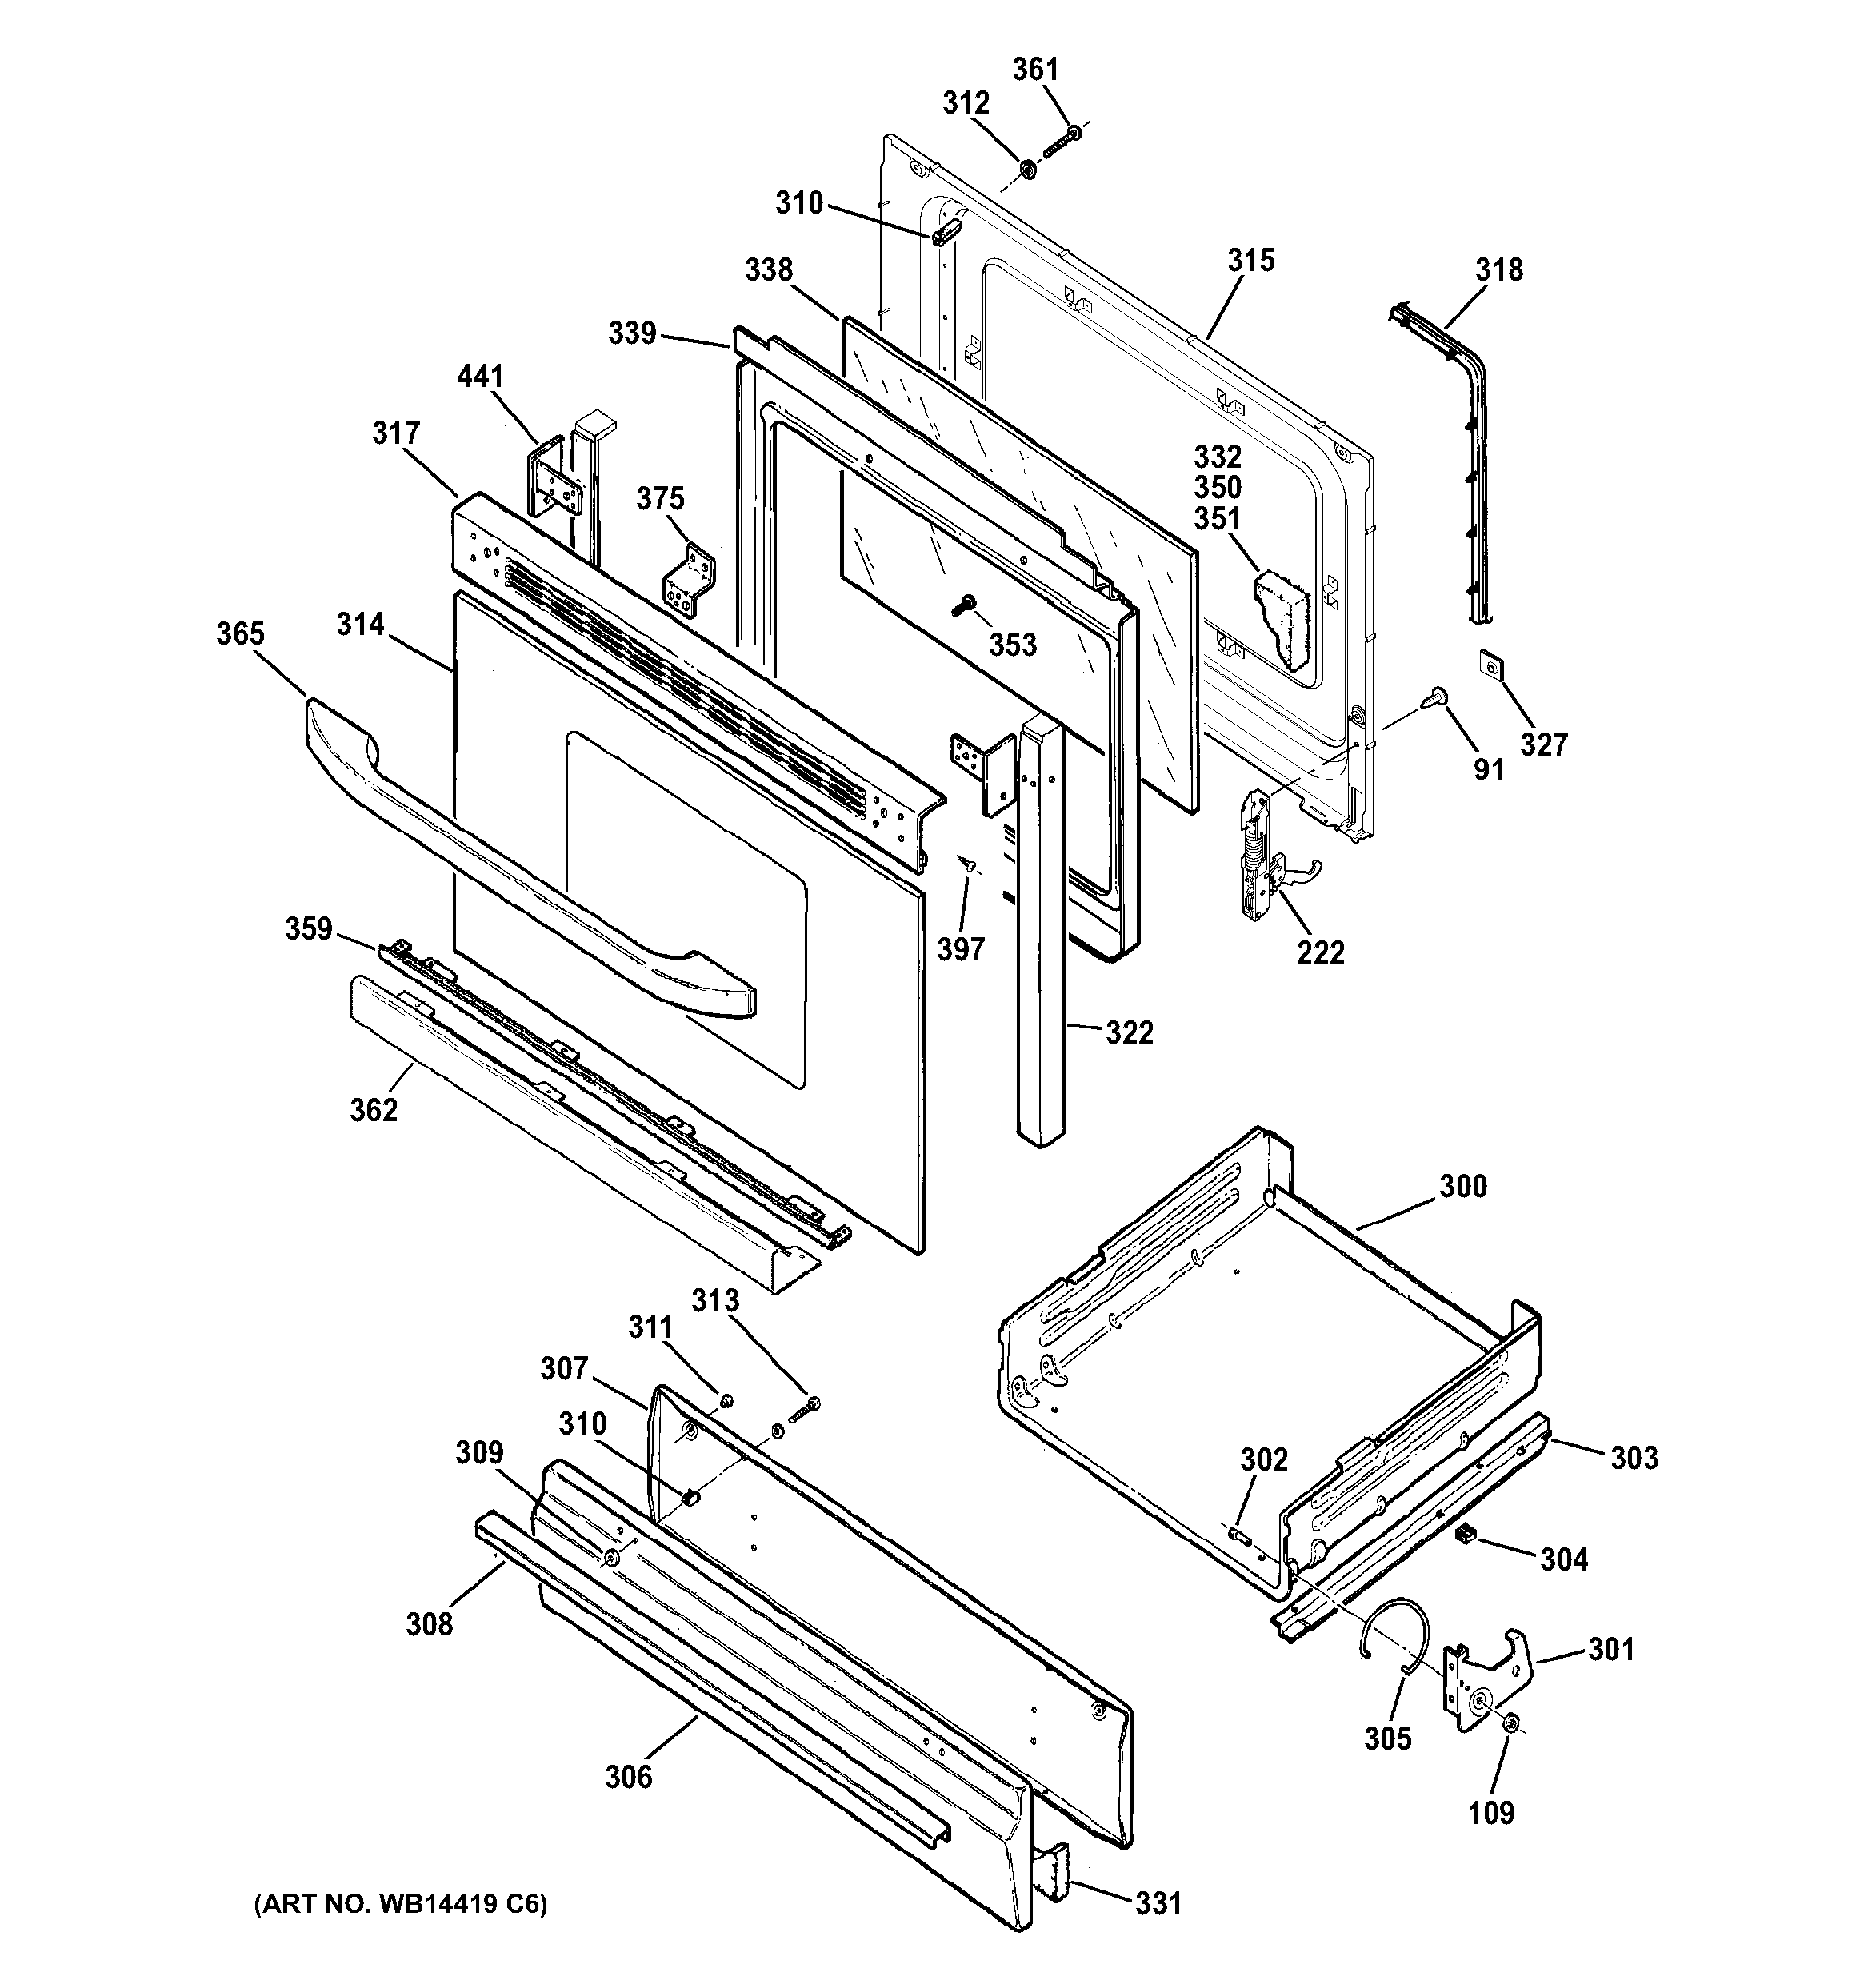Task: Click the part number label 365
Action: tap(241, 633)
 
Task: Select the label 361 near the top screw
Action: tap(1035, 70)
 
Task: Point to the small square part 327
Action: tap(1487, 662)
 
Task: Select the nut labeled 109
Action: tap(1510, 1751)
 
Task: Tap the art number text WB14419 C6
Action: tap(399, 1906)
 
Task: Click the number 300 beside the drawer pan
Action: tap(1462, 1186)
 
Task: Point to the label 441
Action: tap(480, 377)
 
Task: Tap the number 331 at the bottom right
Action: tap(1158, 1903)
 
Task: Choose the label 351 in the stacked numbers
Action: tap(1218, 519)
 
